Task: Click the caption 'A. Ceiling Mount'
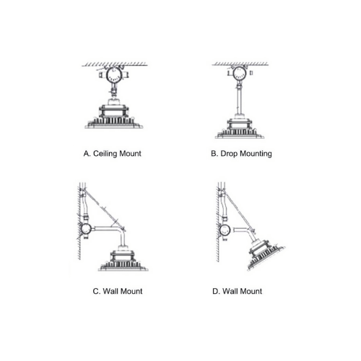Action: click(x=112, y=154)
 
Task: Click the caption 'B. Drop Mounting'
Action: click(x=241, y=154)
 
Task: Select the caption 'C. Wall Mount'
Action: click(x=118, y=291)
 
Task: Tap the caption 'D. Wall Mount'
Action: click(x=237, y=291)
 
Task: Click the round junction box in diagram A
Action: click(x=113, y=74)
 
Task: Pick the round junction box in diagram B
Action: click(x=239, y=73)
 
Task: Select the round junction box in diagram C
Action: click(x=86, y=230)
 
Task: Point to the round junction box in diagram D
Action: click(x=225, y=230)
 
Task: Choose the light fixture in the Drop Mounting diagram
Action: click(x=240, y=128)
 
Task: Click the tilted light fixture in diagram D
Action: click(x=265, y=255)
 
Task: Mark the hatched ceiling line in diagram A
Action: click(x=114, y=64)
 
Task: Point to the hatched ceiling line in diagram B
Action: click(x=240, y=64)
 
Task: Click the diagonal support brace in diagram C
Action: click(x=103, y=209)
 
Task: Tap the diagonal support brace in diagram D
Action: click(x=238, y=211)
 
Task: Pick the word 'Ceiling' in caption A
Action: click(x=105, y=154)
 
